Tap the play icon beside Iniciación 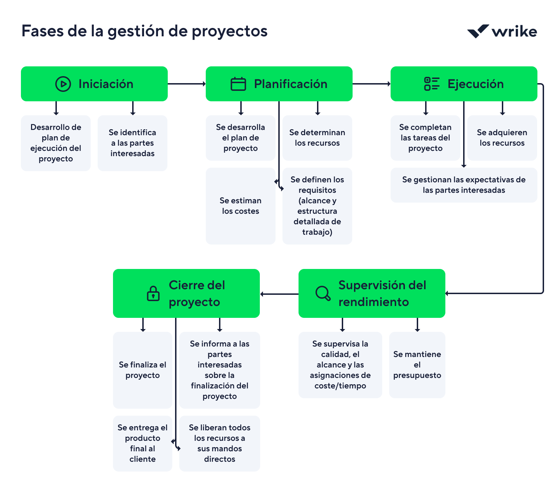tap(63, 84)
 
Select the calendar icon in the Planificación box tap(238, 84)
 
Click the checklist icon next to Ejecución tap(431, 84)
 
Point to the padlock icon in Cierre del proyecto tap(153, 293)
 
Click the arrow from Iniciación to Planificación tap(187, 84)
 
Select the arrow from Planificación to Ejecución tap(371, 84)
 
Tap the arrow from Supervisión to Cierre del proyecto tap(279, 294)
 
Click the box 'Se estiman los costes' tap(240, 206)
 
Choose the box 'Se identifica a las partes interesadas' tap(132, 143)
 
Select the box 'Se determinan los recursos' tap(317, 138)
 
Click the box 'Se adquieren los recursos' tap(502, 138)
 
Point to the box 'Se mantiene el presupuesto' tap(417, 365)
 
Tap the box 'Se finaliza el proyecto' tap(142, 370)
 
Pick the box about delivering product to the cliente tap(142, 443)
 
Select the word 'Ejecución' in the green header tap(475, 84)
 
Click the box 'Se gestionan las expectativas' tap(463, 185)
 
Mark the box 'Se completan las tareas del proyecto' tap(425, 138)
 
